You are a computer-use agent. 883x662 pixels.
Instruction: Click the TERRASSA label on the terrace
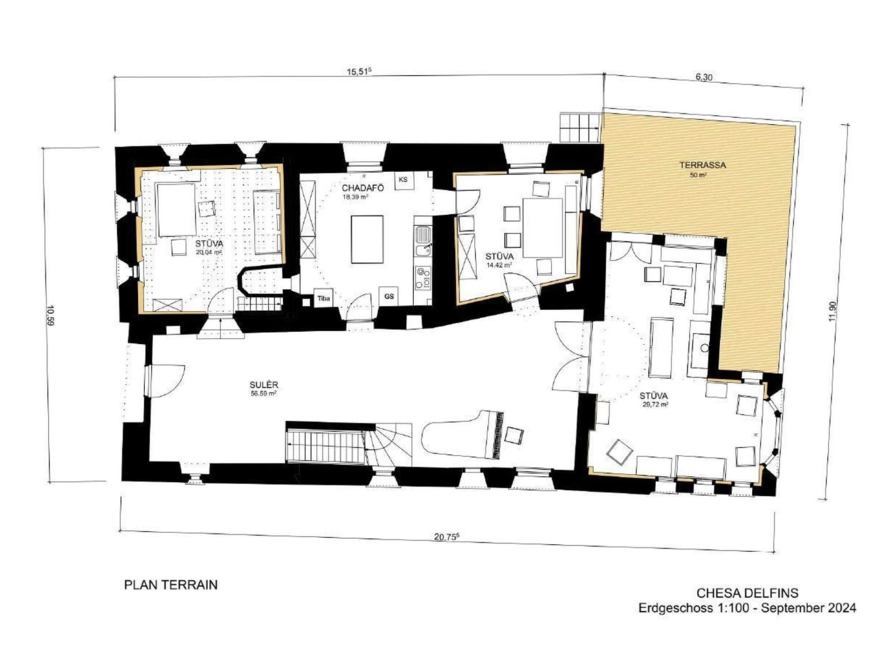702,165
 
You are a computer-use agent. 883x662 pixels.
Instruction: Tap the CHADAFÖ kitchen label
362,188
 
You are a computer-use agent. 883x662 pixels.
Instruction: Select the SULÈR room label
264,385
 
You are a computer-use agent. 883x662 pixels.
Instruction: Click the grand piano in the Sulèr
463,434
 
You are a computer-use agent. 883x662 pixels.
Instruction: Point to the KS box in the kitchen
403,180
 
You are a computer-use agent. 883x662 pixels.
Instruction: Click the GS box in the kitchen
389,297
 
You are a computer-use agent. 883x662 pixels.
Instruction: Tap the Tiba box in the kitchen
323,298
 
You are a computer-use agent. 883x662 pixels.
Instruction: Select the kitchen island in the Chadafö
367,240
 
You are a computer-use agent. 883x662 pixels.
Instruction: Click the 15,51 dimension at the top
359,72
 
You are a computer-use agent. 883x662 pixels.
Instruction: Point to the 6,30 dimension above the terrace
704,77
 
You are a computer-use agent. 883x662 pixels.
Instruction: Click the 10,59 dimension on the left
51,315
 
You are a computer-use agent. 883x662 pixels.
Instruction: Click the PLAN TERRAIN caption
171,585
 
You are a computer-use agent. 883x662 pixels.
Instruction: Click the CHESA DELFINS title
747,593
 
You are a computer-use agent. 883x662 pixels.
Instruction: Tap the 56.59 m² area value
264,394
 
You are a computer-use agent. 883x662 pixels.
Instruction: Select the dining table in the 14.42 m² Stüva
543,228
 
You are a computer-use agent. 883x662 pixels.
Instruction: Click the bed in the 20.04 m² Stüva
177,210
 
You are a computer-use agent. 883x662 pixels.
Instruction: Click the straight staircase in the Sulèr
325,445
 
